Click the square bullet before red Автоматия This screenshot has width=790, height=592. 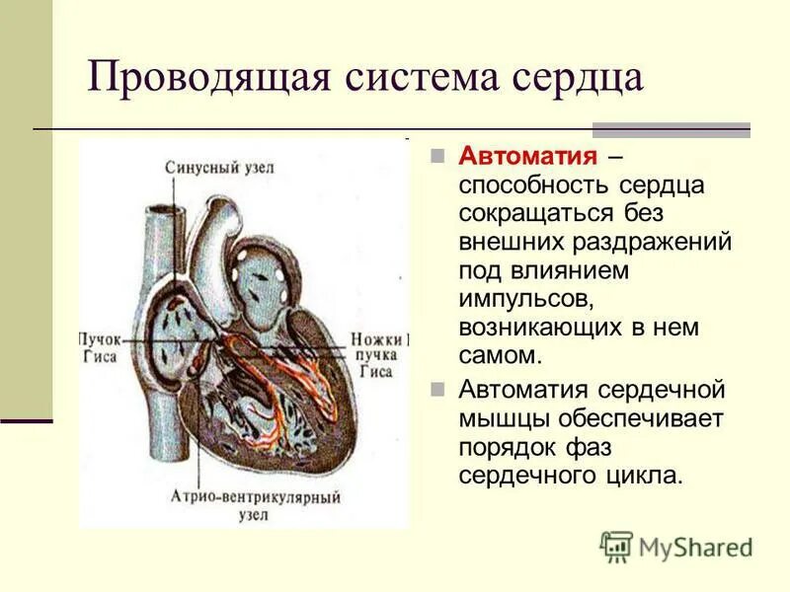pyautogui.click(x=440, y=159)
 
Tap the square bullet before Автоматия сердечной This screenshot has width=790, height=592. pyautogui.click(x=440, y=390)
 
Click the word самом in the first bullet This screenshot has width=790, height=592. pyautogui.click(x=499, y=353)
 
